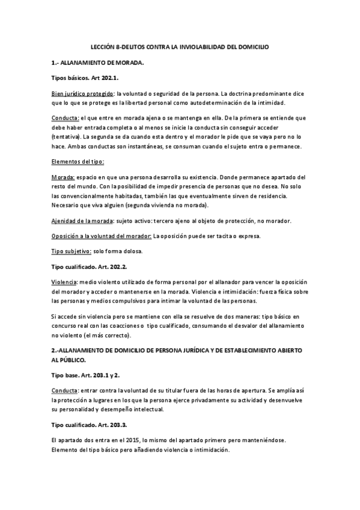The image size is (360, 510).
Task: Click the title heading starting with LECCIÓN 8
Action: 180,46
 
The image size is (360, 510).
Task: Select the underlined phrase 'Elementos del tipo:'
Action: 78,162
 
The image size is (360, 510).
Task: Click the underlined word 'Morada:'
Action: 63,177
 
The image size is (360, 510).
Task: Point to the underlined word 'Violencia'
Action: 64,283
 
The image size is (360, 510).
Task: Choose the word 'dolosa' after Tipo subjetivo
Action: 133,251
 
